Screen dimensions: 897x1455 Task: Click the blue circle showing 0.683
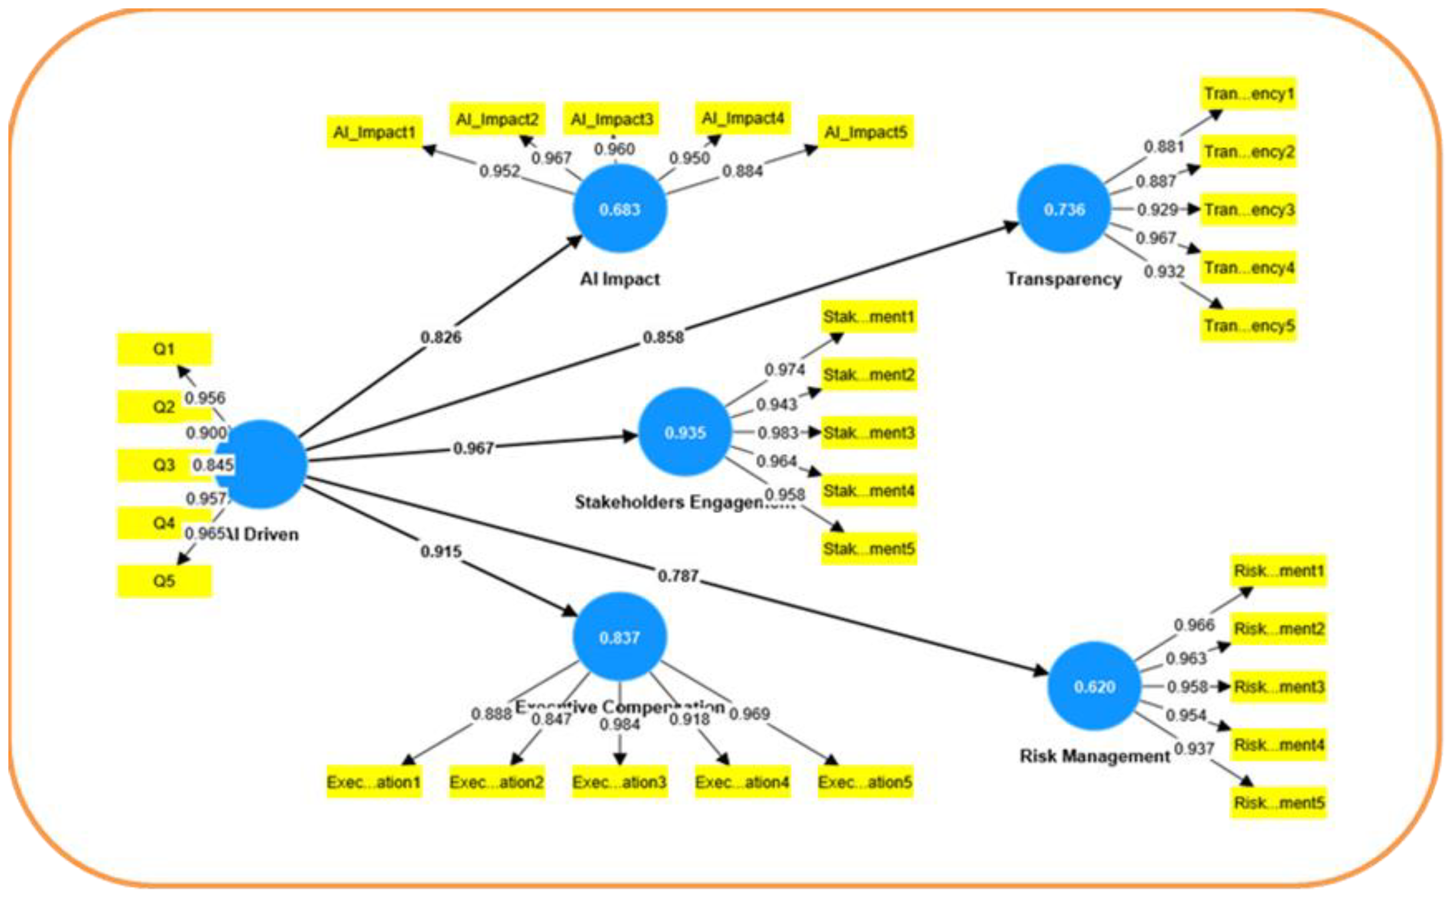tap(619, 209)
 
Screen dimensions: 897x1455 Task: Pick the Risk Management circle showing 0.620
tap(1094, 687)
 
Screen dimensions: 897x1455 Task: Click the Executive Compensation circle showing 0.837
tap(619, 637)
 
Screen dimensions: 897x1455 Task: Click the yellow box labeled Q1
tap(164, 349)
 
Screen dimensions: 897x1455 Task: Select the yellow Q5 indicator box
tap(164, 581)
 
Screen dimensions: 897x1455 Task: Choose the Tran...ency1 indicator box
tap(1248, 94)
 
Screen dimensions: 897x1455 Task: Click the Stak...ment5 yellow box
tap(869, 549)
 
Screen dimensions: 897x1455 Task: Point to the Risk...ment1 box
tap(1278, 571)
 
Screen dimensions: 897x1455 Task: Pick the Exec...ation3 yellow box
tap(619, 782)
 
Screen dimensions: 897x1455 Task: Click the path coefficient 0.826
tap(440, 337)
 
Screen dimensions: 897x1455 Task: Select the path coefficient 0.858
tap(663, 337)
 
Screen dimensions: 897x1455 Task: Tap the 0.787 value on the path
tap(678, 575)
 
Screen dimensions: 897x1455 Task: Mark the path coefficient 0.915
tap(440, 551)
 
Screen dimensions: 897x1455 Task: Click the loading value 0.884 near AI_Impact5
tap(742, 171)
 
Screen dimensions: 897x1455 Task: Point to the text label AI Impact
tap(619, 279)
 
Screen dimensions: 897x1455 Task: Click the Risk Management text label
tap(1094, 756)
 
